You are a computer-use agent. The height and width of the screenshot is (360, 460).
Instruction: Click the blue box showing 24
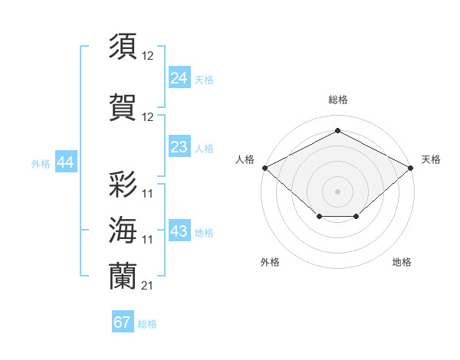pyautogui.click(x=179, y=78)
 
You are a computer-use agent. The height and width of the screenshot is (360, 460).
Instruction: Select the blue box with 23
pyautogui.click(x=179, y=147)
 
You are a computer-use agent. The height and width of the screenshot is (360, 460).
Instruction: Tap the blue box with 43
pyautogui.click(x=179, y=232)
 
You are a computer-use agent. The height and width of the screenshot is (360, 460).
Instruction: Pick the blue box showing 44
pyautogui.click(x=64, y=162)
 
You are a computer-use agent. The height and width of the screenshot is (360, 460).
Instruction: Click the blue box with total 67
pyautogui.click(x=123, y=322)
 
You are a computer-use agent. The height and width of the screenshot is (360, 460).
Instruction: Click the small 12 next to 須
pyautogui.click(x=148, y=55)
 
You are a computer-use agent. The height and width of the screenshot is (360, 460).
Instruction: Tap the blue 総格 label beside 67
pyautogui.click(x=147, y=324)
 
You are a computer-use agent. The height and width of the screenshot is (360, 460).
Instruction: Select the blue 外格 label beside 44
pyautogui.click(x=41, y=163)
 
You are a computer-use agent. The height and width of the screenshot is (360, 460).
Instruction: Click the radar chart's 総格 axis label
pyautogui.click(x=338, y=100)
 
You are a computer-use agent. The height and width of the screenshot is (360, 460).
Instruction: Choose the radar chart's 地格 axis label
pyautogui.click(x=402, y=262)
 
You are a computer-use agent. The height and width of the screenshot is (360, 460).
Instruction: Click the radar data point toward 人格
pyautogui.click(x=264, y=167)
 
